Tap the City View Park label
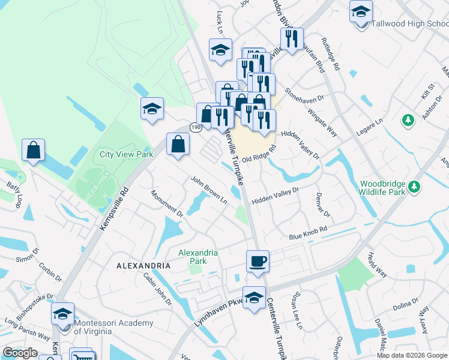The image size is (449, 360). (x=126, y=154)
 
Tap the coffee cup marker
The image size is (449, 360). (x=258, y=262)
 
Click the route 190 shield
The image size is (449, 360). (x=196, y=127)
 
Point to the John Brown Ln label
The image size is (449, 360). (x=208, y=189)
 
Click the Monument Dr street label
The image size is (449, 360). (x=166, y=203)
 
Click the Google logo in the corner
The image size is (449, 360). (x=20, y=353)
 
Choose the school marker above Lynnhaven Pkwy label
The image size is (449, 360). (x=254, y=298)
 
